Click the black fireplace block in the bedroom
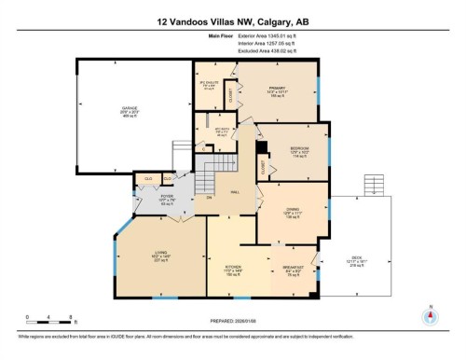point(264,148)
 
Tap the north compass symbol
point(430,314)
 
